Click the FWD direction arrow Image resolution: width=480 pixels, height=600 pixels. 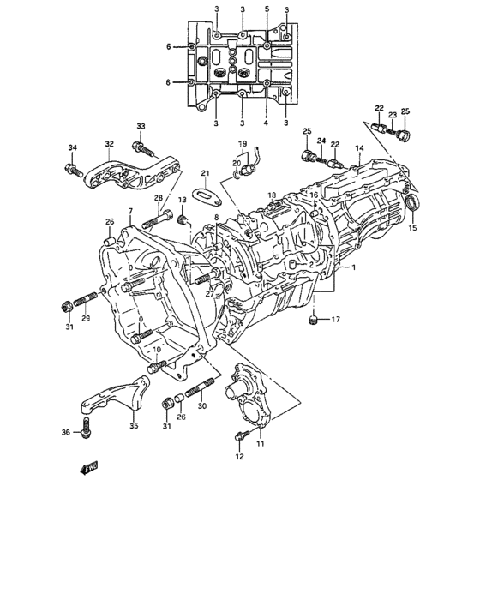click(x=87, y=468)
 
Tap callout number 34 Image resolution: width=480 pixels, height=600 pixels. click(x=73, y=148)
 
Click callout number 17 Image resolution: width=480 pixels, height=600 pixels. click(x=336, y=320)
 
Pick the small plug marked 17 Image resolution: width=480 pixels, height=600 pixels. click(x=315, y=321)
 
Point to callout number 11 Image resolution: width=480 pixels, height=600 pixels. click(x=260, y=443)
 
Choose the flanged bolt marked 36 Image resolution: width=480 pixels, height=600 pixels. click(x=87, y=435)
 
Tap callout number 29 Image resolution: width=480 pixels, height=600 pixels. click(x=85, y=319)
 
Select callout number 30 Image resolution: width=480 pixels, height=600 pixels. click(x=201, y=406)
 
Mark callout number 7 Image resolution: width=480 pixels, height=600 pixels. click(x=130, y=211)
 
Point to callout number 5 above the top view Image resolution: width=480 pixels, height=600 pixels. click(x=267, y=9)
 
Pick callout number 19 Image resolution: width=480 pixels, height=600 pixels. click(x=243, y=143)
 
